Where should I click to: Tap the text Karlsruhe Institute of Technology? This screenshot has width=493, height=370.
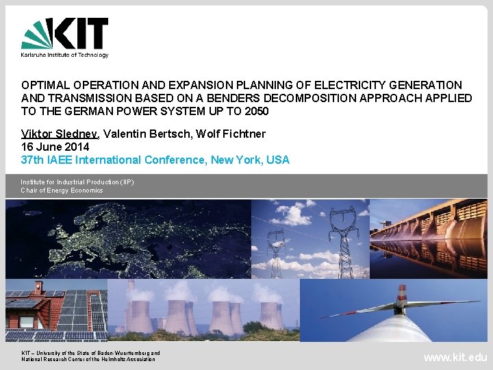pos(64,55)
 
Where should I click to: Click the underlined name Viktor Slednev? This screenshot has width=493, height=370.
pos(60,134)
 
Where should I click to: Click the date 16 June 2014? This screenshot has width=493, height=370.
pos(55,147)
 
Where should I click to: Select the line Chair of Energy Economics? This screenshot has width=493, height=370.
pos(62,190)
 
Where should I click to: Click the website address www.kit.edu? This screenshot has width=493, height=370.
pos(455,357)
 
